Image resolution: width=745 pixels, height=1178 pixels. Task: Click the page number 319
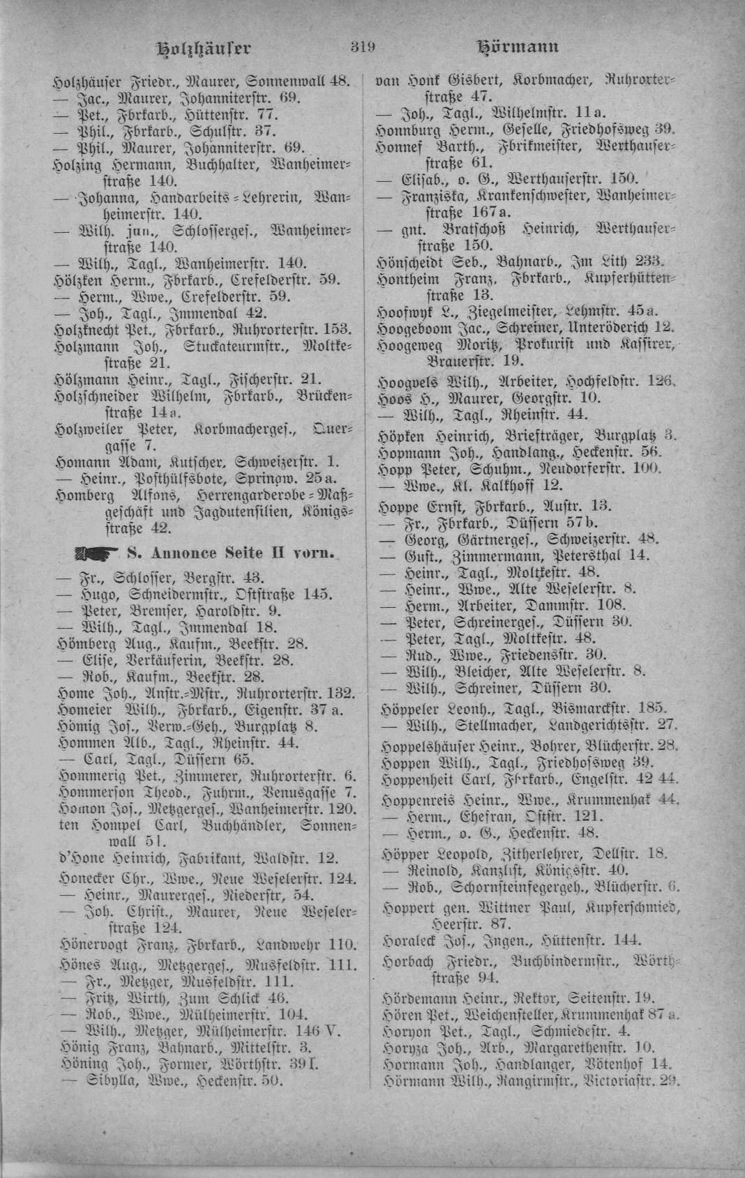(364, 47)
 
